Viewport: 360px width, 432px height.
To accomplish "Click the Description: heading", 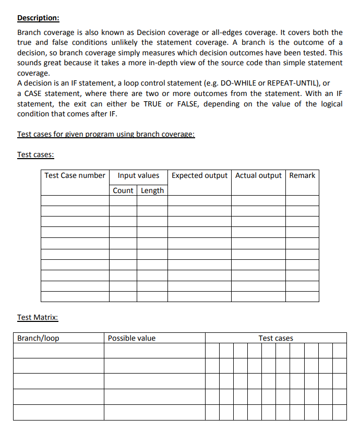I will tap(38, 18).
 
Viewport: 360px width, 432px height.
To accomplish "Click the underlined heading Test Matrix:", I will tap(38, 317).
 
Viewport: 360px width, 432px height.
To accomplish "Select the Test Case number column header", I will tap(75, 175).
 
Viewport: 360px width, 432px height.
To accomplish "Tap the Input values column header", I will tap(138, 175).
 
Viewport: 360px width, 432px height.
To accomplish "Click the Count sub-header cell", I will tap(123, 190).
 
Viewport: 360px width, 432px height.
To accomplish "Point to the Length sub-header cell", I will tap(152, 190).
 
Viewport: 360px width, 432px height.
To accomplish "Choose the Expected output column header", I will tap(199, 175).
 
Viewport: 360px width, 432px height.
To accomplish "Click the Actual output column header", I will tap(258, 175).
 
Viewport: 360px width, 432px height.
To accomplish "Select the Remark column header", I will tap(302, 175).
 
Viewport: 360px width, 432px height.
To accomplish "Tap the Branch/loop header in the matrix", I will tap(38, 338).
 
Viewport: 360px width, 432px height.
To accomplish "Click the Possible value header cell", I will tap(131, 338).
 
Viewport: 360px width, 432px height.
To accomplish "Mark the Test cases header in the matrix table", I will tap(275, 338).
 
